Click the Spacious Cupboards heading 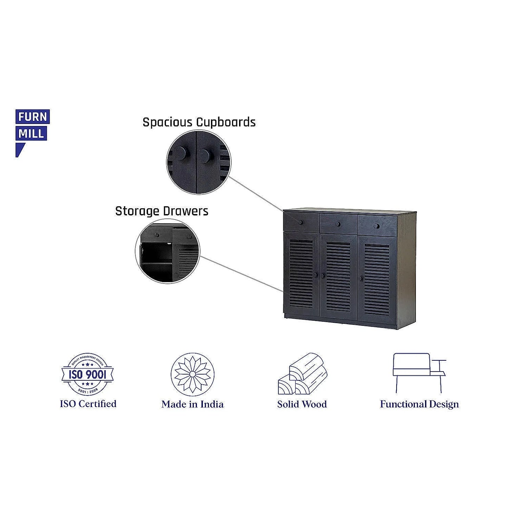tap(199, 122)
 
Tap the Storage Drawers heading tap(162, 211)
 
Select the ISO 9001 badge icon tap(88, 374)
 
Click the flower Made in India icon tap(192, 374)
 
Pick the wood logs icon tap(302, 374)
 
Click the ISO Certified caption tap(88, 404)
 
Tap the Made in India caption tap(192, 404)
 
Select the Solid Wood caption tap(302, 404)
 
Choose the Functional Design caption tap(419, 404)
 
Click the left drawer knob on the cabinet tap(300, 222)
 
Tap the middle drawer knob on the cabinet tap(338, 224)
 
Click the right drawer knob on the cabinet tap(377, 226)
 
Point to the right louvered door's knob tap(361, 278)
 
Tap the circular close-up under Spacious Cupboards tap(199, 162)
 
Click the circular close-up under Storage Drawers tap(167, 251)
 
